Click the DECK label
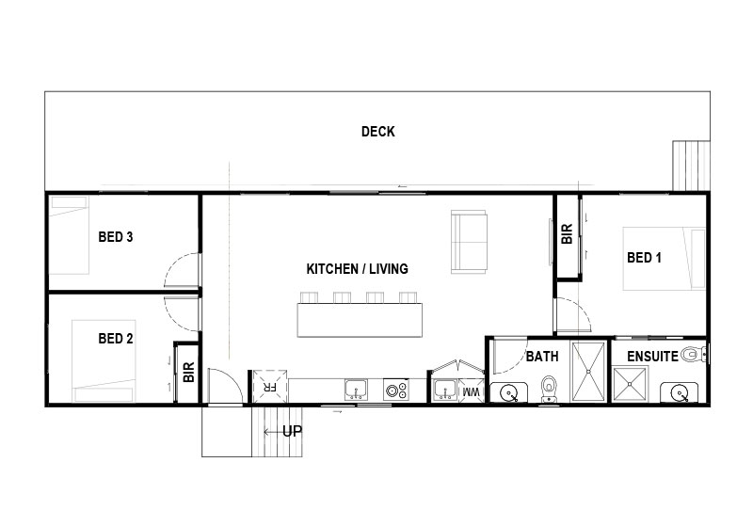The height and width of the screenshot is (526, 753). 378,132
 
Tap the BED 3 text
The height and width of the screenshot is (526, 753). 115,236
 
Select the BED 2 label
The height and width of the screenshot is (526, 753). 115,339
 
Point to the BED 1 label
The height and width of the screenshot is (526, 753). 644,258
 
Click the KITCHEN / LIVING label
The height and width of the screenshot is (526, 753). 358,269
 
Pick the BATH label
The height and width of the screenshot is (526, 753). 542,357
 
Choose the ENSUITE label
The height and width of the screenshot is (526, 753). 652,356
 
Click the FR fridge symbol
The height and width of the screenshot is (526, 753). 270,387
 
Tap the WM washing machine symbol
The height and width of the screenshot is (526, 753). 472,391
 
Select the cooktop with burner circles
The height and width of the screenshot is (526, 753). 396,390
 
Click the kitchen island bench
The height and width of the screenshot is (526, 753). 360,320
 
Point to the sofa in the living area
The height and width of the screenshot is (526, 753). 469,242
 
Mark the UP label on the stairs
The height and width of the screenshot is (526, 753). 292,432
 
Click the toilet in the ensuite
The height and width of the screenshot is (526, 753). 694,355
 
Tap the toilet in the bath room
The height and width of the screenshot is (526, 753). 549,389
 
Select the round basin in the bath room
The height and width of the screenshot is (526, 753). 508,393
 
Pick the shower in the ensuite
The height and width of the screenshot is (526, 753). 631,384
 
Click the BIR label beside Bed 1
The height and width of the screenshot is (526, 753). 568,233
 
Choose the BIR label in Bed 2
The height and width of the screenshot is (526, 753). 189,372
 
